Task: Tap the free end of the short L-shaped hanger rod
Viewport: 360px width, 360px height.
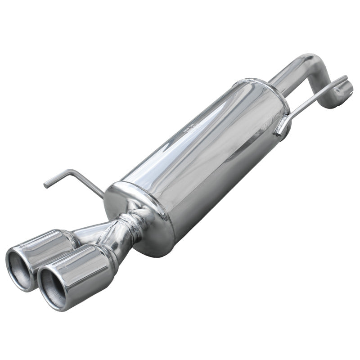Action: point(46,184)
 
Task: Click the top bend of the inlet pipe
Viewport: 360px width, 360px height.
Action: point(310,61)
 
